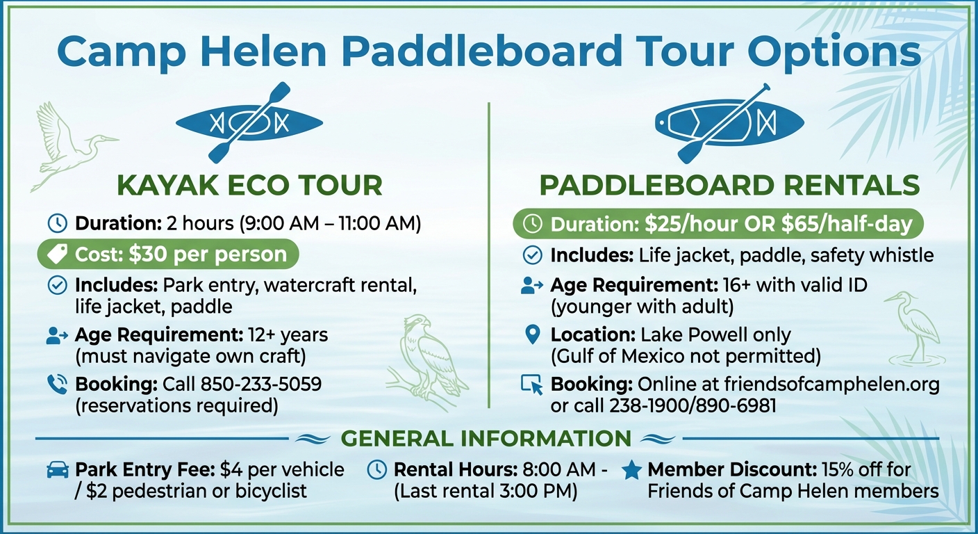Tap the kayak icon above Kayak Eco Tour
coord(249,123)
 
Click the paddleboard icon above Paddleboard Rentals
coord(729,123)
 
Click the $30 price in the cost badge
coord(149,254)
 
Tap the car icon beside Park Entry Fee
coord(57,470)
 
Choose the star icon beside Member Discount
coord(631,470)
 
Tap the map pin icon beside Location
coord(532,336)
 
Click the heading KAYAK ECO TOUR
coord(249,186)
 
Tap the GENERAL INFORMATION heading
coord(486,439)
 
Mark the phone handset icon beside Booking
coord(57,385)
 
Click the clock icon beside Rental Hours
coord(376,469)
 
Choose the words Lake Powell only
coord(715,334)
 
